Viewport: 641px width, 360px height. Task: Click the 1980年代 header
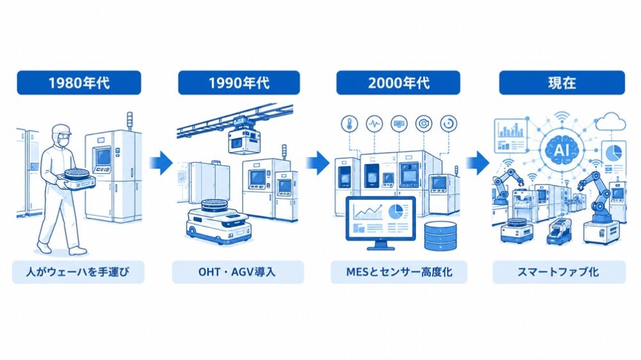(x=79, y=83)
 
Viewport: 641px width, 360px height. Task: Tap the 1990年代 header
(x=238, y=83)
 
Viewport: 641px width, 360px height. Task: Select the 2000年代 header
(x=398, y=83)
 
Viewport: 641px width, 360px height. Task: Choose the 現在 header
(x=562, y=83)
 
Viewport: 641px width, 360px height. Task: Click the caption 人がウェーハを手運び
(x=78, y=272)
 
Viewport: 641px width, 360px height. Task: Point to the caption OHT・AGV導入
(x=238, y=272)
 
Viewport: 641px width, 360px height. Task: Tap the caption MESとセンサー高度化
(x=399, y=272)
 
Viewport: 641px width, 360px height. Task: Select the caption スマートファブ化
(x=559, y=272)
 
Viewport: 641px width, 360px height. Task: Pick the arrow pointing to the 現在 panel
(x=478, y=163)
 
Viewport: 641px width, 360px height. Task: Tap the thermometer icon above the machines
(x=349, y=124)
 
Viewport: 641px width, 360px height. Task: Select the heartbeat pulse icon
(x=374, y=124)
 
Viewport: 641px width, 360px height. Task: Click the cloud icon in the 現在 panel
(x=611, y=121)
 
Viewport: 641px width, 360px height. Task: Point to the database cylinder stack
(x=440, y=236)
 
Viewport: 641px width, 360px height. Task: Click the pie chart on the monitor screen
(x=395, y=211)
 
